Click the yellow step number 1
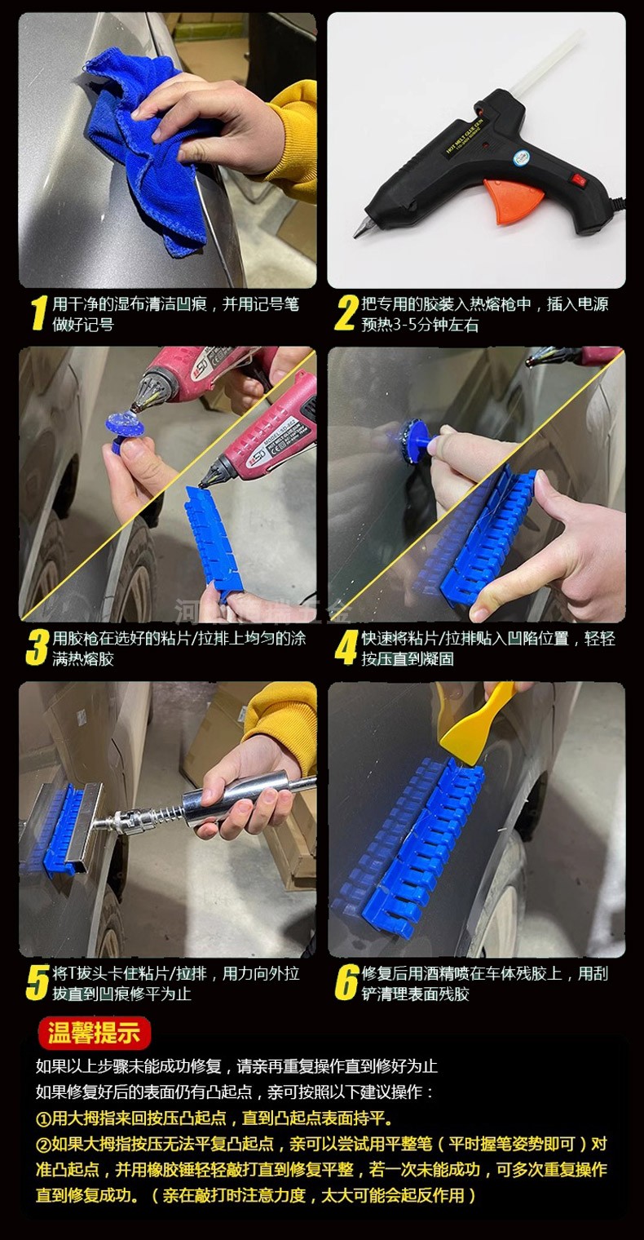point(37,312)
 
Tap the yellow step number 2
point(346,313)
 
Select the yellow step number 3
point(37,647)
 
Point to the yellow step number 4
point(346,647)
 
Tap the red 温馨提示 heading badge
point(94,1033)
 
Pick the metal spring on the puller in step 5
point(170,814)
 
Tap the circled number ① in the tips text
point(43,1118)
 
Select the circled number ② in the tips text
point(43,1145)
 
